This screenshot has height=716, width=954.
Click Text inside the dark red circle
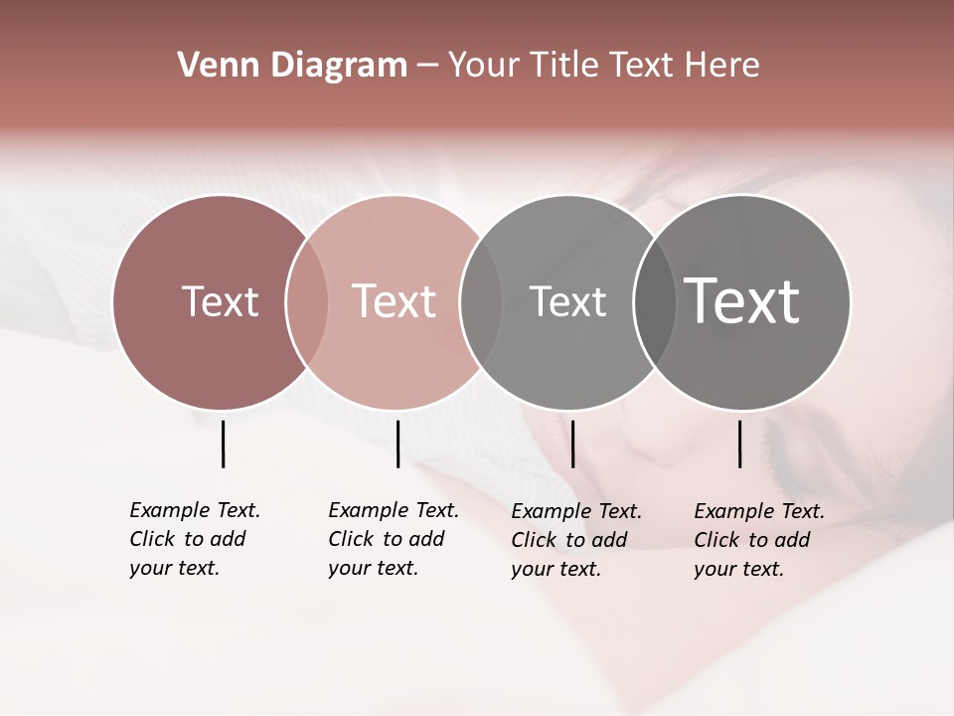220,301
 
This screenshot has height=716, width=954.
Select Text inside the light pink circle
394,301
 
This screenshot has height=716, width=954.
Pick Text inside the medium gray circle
567,301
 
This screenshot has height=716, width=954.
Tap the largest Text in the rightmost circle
741,301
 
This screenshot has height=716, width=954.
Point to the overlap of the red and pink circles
307,301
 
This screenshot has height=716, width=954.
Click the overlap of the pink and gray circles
481,301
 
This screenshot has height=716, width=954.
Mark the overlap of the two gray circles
655,301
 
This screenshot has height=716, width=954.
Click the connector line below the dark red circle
223,444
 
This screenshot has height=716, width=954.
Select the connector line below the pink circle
397,444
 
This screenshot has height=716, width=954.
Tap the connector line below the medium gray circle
572,444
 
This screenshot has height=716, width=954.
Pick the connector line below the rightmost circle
739,444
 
